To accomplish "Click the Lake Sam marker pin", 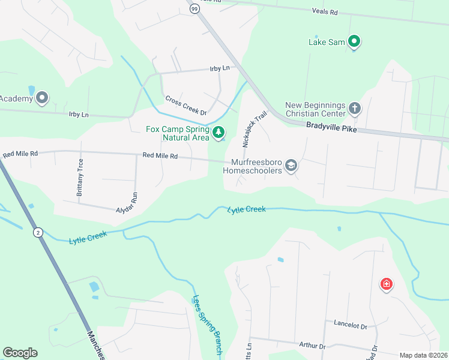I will coord(354,41).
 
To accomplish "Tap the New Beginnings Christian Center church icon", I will coord(355,109).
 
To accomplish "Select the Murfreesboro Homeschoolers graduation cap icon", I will coord(291,166).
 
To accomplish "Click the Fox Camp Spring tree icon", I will coord(219,132).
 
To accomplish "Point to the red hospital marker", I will coord(387,284).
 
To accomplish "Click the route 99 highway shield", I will coord(194,8).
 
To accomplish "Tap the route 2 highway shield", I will coord(38,233).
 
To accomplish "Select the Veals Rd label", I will coord(325,11).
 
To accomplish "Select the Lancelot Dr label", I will coord(350,325).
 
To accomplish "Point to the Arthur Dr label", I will coord(312,346).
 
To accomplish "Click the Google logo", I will coord(20,353).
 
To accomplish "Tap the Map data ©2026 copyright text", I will coord(423,355).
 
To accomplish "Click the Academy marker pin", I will coord(42,97).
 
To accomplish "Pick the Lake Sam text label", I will coord(326,42).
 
